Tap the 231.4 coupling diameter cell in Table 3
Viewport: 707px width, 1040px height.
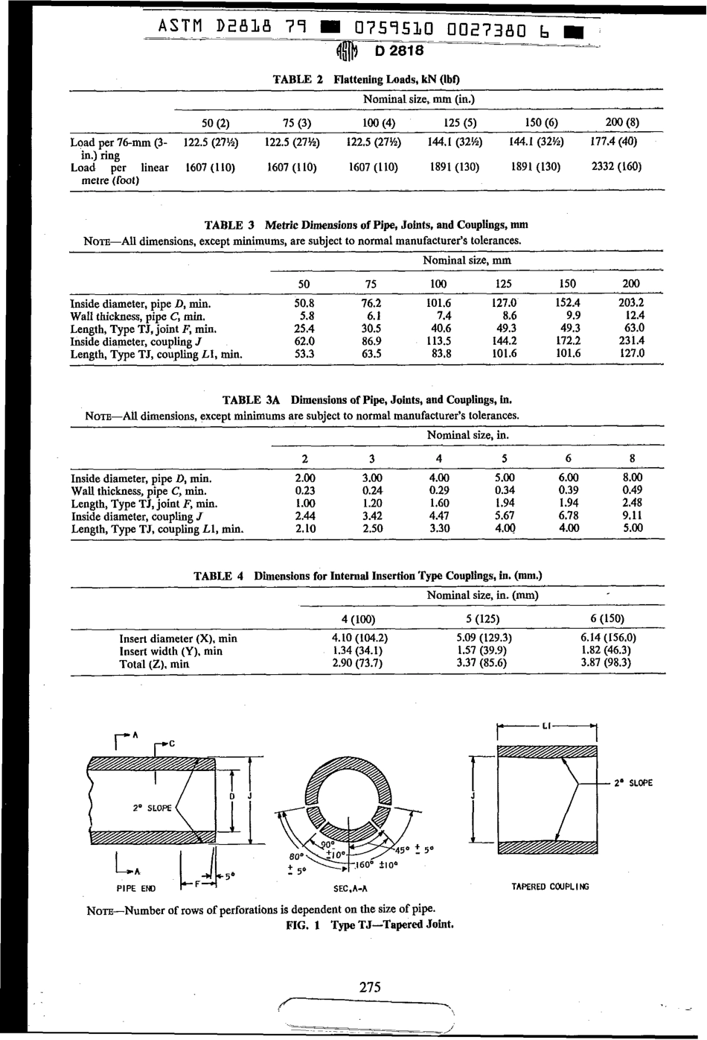pos(631,341)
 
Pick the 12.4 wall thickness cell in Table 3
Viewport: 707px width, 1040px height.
pos(631,316)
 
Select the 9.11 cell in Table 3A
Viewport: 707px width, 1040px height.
pos(633,515)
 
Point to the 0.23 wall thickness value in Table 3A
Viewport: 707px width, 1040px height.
pos(303,490)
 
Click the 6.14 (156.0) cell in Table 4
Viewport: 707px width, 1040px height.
pos(608,638)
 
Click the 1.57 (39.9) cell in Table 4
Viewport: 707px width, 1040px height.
pos(482,650)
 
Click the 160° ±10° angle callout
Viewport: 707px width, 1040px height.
pos(376,865)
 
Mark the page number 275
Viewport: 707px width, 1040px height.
pos(370,987)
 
